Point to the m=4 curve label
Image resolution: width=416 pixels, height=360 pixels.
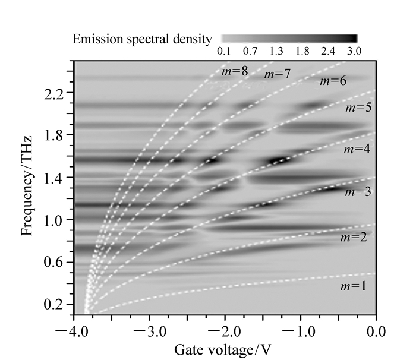point(357,149)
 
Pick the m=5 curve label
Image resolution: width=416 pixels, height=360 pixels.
point(358,109)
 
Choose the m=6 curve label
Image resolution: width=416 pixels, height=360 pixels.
point(333,81)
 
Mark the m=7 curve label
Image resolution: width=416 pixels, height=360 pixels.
point(277,74)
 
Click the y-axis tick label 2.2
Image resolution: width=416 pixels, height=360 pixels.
point(55,93)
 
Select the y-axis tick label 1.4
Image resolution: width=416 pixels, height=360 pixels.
point(55,178)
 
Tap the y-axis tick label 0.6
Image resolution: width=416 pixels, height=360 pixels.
point(55,262)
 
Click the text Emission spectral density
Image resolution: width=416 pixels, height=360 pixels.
point(141,40)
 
